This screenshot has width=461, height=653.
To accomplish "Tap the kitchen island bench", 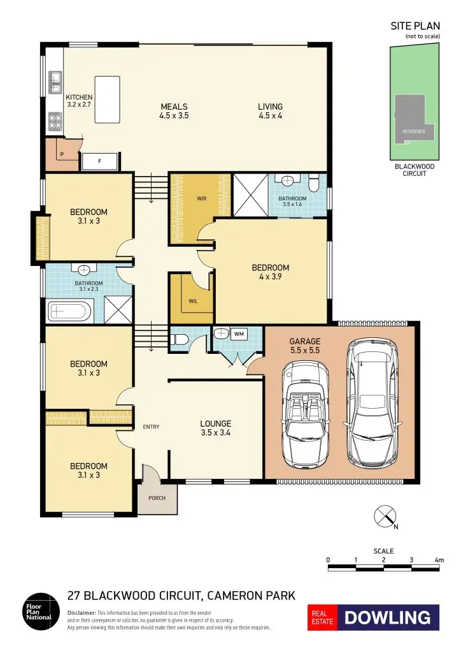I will click(x=107, y=99).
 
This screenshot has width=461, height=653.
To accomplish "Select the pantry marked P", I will click(x=62, y=154).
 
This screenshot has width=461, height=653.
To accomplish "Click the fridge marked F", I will click(x=100, y=162).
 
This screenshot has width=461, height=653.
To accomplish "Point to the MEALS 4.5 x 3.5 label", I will click(x=174, y=111).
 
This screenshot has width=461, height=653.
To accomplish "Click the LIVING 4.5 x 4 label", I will click(x=271, y=111).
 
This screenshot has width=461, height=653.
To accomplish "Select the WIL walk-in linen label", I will click(x=193, y=301).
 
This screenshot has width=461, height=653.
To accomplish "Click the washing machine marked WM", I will click(x=239, y=334).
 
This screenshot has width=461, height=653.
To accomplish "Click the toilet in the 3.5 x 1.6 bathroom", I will click(x=313, y=184).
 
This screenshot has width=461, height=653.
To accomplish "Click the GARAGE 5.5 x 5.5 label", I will click(x=305, y=346).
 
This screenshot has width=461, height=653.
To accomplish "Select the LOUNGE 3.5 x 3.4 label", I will click(x=215, y=428).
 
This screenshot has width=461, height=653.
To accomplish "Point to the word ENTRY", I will click(x=152, y=427).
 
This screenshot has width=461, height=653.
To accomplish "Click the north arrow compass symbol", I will click(x=383, y=516).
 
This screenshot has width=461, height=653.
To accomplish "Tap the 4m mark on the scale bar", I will click(x=439, y=561).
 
